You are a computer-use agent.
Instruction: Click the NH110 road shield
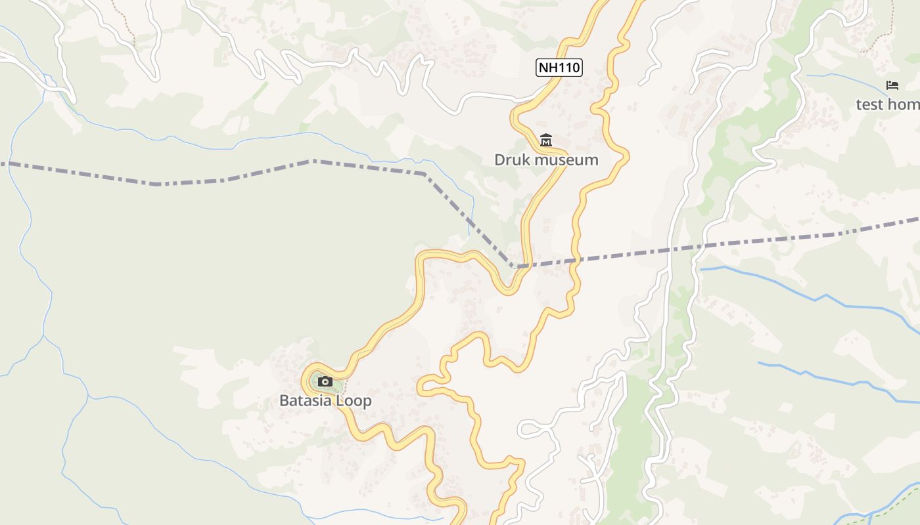coord(559,67)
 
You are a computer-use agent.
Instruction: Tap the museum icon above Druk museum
coord(545,140)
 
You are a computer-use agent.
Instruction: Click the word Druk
coord(512,159)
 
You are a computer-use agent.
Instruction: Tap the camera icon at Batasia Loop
coord(325,381)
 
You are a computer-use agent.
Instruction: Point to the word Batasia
coord(307,400)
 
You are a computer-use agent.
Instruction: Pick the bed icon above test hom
coord(892,85)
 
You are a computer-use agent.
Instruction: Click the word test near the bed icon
coord(869,104)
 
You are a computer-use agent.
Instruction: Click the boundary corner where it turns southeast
coord(424,174)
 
